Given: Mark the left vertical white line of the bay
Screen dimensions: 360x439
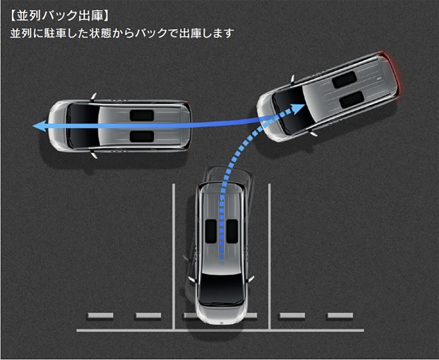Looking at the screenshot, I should pyautogui.click(x=174, y=256).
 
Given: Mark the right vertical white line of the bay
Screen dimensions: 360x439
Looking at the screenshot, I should pyautogui.click(x=269, y=256).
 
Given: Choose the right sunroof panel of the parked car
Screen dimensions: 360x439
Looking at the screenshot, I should pyautogui.click(x=231, y=230).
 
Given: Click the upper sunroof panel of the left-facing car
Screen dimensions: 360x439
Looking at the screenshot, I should pyautogui.click(x=141, y=114).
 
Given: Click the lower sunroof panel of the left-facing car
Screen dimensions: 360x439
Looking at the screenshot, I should pyautogui.click(x=141, y=136).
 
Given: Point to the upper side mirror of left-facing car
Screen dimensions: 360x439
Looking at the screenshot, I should pyautogui.click(x=93, y=97).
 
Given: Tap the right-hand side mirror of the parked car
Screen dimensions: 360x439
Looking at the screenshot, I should pyautogui.click(x=250, y=279).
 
